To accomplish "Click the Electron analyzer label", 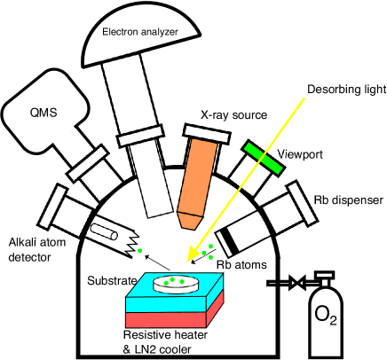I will pos(140,33).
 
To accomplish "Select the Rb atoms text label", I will pos(241,263).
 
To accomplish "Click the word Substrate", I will pos(112,281).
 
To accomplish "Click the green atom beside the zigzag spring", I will pos(139,252).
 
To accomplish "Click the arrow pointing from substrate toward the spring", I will pos(158,265).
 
